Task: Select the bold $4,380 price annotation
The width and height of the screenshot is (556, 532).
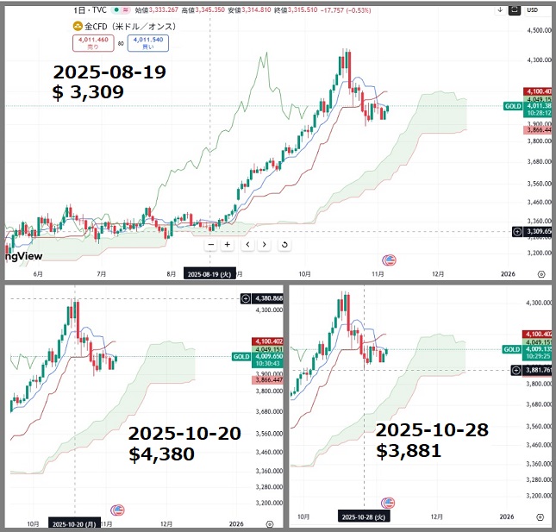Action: click(x=161, y=454)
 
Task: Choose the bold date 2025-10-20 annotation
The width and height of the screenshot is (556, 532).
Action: click(x=184, y=433)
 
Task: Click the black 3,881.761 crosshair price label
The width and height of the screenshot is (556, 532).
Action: click(x=535, y=371)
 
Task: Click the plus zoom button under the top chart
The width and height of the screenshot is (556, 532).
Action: click(x=228, y=245)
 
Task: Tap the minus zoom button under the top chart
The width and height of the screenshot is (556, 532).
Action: click(x=210, y=245)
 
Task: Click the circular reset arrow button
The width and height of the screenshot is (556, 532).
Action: click(x=284, y=245)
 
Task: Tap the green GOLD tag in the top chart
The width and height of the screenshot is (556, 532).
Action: click(x=512, y=107)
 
